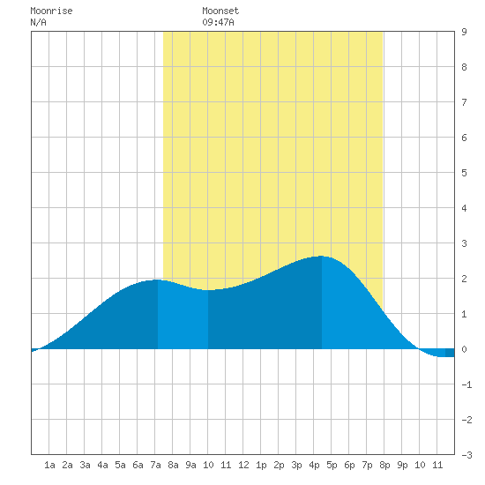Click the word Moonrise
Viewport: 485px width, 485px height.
coord(51,11)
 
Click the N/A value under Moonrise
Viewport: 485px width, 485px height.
coord(38,22)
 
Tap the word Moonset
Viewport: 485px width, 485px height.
coord(220,11)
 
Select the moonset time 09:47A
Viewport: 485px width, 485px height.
coord(218,22)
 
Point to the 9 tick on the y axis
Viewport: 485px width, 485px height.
coord(464,32)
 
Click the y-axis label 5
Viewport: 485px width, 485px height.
coord(464,173)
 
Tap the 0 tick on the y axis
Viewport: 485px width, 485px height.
coord(464,349)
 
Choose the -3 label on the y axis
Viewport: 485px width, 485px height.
coord(466,455)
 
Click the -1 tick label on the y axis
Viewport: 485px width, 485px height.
coord(466,384)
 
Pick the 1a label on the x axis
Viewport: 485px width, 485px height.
coord(49,465)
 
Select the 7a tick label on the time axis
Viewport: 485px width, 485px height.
coord(155,465)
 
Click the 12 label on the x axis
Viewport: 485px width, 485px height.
coord(243,465)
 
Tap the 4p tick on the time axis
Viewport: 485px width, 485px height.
coord(314,465)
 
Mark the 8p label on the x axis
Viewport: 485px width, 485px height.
coord(384,465)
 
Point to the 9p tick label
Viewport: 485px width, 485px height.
coord(402,465)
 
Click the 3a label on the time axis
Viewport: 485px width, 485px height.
coord(85,465)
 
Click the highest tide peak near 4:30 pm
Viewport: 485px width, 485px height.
coord(322,256)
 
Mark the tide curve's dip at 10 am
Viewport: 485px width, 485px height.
coord(208,290)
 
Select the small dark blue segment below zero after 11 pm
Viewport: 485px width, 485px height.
coord(450,353)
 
